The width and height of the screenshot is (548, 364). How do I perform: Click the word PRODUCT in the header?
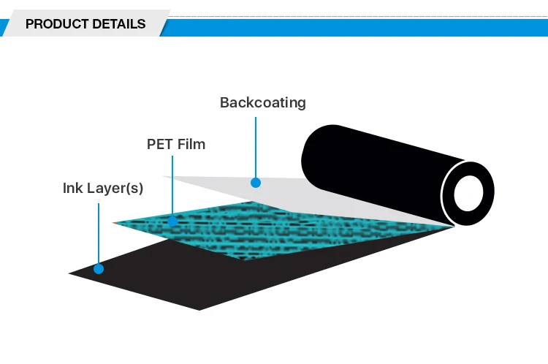click(x=53, y=24)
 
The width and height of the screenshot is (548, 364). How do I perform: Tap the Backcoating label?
click(x=262, y=102)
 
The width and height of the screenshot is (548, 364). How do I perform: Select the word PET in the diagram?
click(x=160, y=144)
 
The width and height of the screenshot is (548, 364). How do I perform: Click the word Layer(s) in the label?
click(x=115, y=188)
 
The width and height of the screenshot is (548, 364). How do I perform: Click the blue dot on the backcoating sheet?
click(x=256, y=182)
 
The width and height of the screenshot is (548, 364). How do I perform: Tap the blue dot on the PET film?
click(x=172, y=220)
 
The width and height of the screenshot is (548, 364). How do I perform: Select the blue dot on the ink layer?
click(x=99, y=269)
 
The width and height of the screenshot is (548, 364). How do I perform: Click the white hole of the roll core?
click(x=468, y=194)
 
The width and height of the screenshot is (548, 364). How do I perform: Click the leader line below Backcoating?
click(x=256, y=146)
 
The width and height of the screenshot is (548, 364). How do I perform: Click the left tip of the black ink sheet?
click(x=71, y=274)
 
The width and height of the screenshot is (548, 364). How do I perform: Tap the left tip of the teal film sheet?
click(x=114, y=222)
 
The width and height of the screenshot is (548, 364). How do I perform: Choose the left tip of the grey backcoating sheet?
click(x=164, y=176)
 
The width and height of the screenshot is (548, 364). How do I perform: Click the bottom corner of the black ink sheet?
click(x=199, y=309)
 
